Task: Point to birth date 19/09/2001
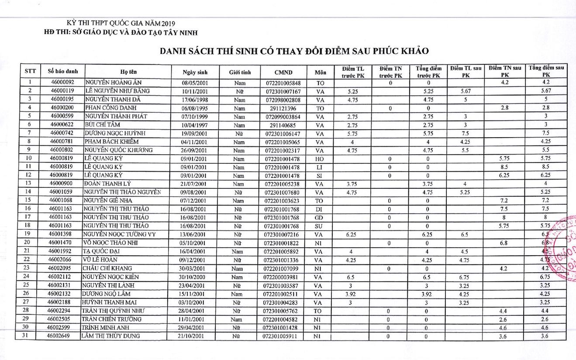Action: (x=195, y=133)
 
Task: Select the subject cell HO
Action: (x=319, y=159)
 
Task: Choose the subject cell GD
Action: (x=319, y=217)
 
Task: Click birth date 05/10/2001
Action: (x=195, y=243)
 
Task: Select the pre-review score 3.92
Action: (x=352, y=294)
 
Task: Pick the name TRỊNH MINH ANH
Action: (x=107, y=328)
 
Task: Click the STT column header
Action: (x=30, y=71)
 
